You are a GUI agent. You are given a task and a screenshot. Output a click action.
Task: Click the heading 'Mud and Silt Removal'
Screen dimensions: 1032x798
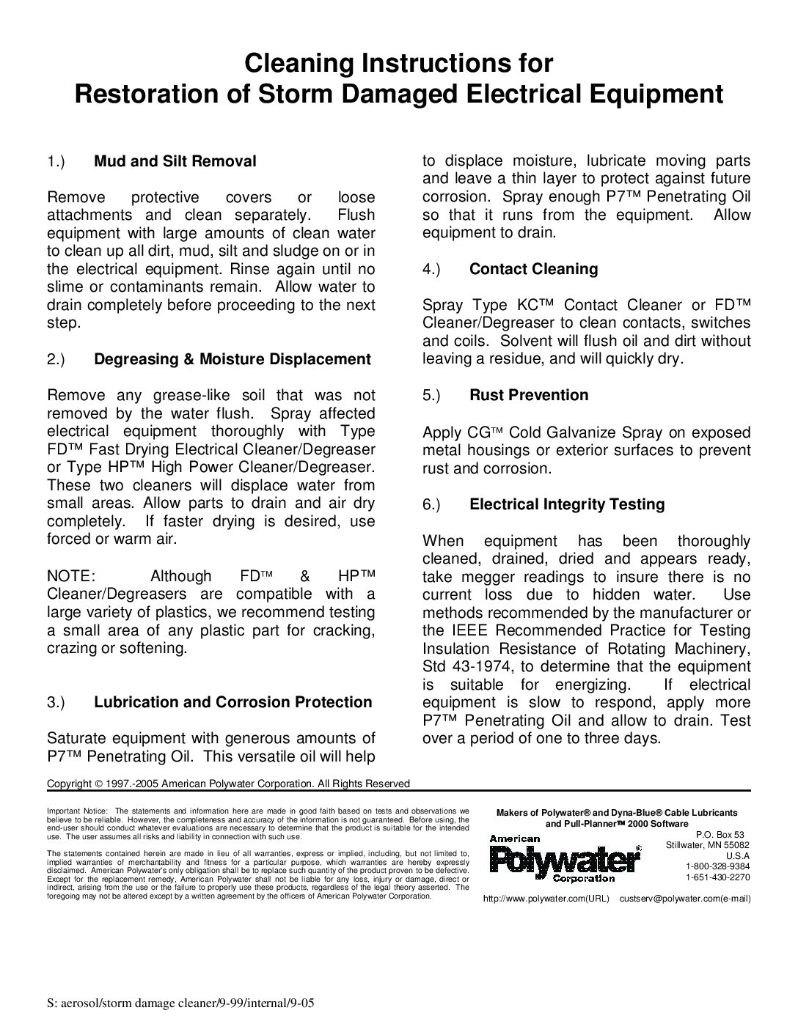[x=175, y=161]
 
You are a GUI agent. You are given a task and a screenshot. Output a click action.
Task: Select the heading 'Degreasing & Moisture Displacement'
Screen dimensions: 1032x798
[x=233, y=359]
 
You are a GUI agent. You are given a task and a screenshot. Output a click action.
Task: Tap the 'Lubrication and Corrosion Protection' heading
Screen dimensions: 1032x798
[x=233, y=702]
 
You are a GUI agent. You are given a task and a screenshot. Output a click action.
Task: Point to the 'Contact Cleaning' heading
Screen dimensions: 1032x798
[x=533, y=269]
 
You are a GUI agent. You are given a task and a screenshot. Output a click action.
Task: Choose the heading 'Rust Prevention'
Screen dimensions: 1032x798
[x=529, y=395]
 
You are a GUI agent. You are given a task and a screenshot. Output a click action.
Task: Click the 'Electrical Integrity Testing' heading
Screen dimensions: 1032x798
[x=567, y=504]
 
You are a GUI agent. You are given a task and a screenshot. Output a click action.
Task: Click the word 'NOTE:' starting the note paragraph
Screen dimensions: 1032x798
[x=70, y=576]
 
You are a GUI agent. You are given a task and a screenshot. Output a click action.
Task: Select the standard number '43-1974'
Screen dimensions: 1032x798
[x=477, y=666]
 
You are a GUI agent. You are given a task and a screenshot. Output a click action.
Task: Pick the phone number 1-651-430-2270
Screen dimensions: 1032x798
[x=718, y=877]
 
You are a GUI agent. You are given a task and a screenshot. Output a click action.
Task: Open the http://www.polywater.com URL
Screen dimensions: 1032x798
[x=546, y=898]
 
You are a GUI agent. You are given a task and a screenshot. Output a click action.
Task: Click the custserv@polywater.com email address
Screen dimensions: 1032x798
[x=685, y=898]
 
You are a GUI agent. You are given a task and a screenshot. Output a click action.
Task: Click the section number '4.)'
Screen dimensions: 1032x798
[x=431, y=269]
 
